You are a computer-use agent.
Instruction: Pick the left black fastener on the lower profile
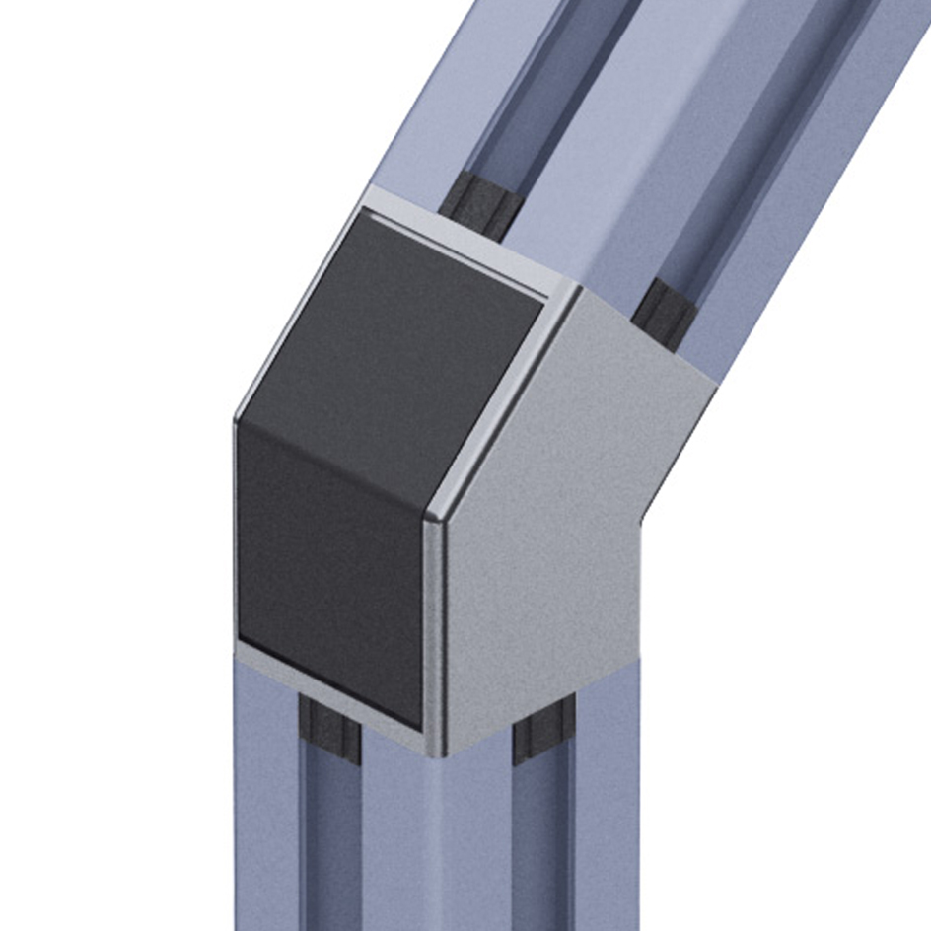click(x=329, y=730)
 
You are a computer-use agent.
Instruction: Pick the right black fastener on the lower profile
click(x=543, y=730)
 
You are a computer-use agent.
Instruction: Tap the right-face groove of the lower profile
click(x=542, y=848)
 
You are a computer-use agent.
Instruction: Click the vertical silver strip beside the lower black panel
click(x=434, y=631)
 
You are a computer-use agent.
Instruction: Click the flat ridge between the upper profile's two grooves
click(x=631, y=148)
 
